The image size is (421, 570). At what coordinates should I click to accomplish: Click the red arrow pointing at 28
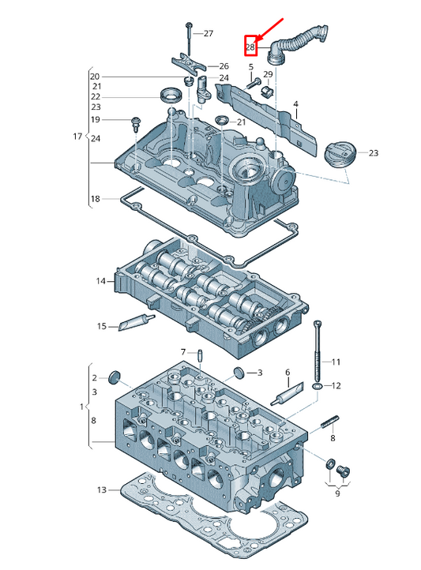tap(270, 28)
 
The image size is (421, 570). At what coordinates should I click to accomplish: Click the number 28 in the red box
tap(250, 47)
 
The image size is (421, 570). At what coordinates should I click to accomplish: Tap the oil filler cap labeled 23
tap(338, 155)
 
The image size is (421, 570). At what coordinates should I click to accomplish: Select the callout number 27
tap(209, 33)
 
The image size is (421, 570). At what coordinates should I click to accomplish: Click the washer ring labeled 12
tap(317, 385)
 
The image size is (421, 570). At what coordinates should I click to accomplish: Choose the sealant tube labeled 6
tap(288, 394)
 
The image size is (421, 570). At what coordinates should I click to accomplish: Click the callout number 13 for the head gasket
tap(102, 489)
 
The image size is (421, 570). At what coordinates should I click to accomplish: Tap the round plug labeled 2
tap(115, 377)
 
